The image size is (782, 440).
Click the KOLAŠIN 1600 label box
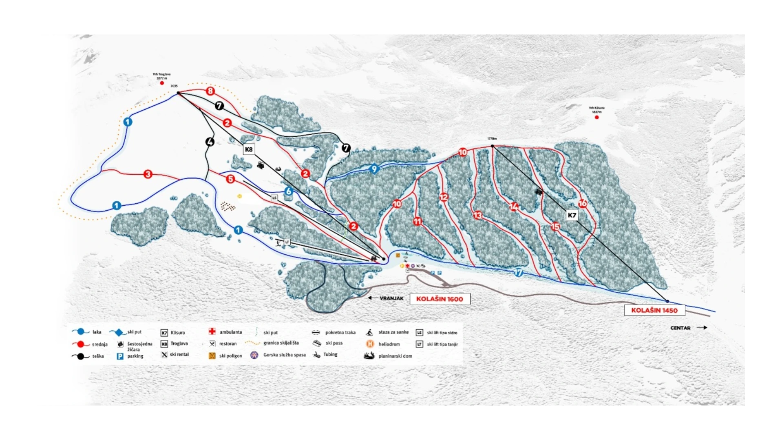[x=440, y=299]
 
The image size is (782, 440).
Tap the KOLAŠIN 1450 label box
[x=654, y=310]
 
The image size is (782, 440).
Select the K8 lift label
[x=249, y=149]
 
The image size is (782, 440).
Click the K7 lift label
[x=572, y=215]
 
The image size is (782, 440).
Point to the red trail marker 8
[x=210, y=91]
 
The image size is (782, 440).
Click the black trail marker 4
[x=210, y=142]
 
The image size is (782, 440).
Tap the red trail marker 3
[x=148, y=174]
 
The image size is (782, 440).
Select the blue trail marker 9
[x=374, y=169]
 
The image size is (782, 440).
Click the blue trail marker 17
[x=518, y=272]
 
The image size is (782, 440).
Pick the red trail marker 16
[x=582, y=203]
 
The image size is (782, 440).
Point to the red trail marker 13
[x=477, y=215]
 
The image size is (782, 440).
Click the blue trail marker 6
[x=289, y=191]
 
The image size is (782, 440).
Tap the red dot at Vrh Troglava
[x=162, y=83]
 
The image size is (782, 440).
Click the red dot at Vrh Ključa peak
[x=596, y=118]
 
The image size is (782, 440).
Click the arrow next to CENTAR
[x=702, y=327]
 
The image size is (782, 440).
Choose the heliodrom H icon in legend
[x=370, y=344]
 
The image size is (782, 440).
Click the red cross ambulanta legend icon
[x=212, y=331]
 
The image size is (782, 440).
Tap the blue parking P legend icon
[x=120, y=356]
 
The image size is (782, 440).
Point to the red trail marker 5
[x=230, y=179]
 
